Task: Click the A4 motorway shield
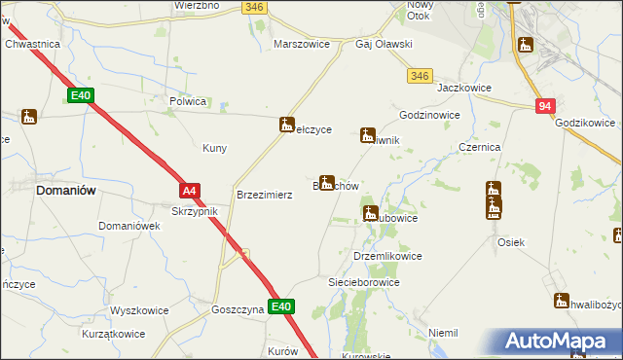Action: pos(190,192)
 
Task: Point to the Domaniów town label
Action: pos(65,191)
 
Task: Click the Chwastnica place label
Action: pos(33,45)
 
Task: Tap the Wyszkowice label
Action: pos(139,311)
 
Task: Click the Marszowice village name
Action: pos(305,45)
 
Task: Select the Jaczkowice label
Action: pos(463,88)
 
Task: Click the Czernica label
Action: pos(479,147)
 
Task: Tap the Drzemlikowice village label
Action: pos(387,256)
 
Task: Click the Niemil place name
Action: pos(443,333)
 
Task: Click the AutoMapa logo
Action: pos(559,342)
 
